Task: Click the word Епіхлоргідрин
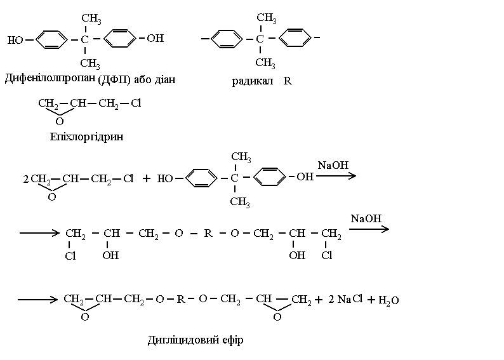click(85, 137)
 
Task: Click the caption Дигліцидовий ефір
click(195, 340)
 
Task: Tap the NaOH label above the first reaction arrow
click(333, 165)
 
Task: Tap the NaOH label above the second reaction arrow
click(366, 218)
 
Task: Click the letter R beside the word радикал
click(287, 82)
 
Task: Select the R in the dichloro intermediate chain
click(207, 234)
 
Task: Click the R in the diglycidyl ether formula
click(181, 298)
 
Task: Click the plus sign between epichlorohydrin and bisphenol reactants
click(146, 178)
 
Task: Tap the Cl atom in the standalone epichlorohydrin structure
click(136, 103)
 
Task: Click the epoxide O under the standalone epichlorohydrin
click(59, 121)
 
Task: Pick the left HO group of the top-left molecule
click(15, 40)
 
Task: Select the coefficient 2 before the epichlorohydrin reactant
click(25, 179)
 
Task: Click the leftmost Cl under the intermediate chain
click(70, 257)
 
